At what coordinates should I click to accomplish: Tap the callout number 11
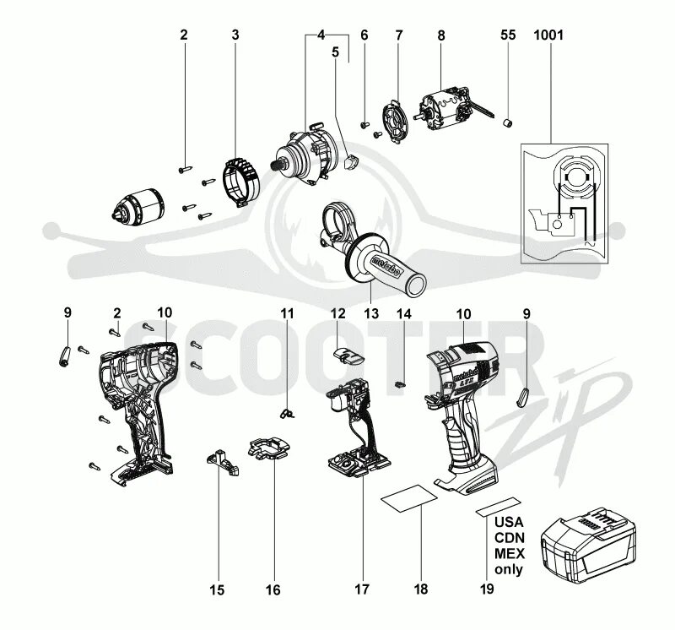tap(287, 314)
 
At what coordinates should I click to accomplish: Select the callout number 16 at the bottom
tap(273, 589)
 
